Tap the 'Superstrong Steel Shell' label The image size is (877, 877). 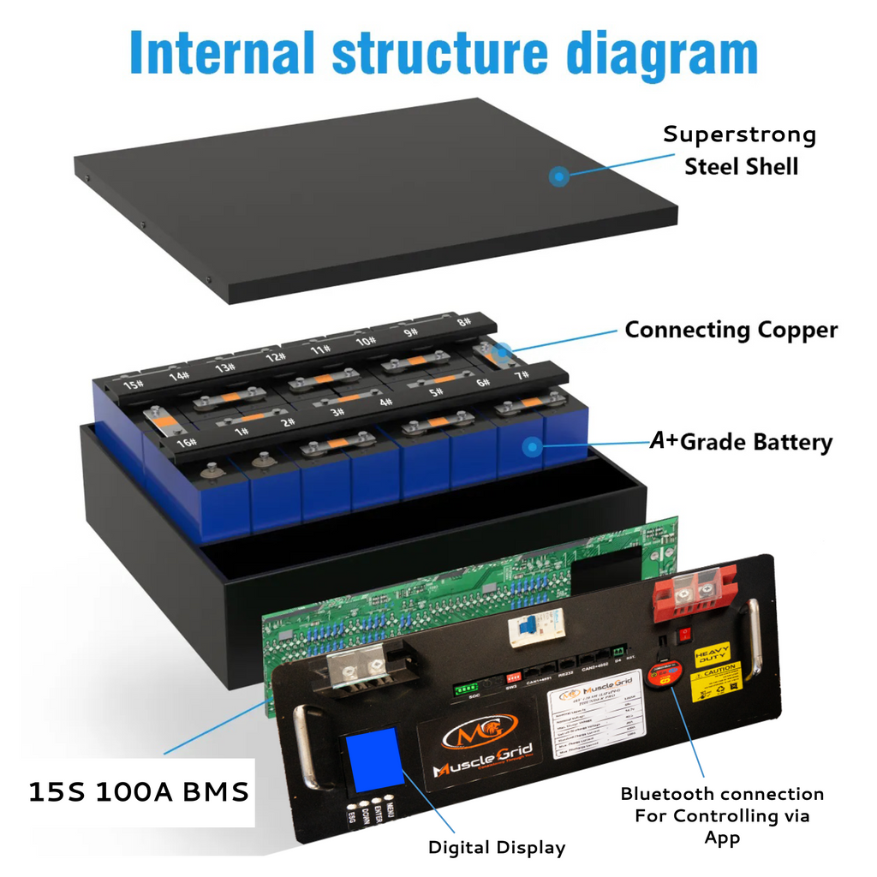(x=740, y=150)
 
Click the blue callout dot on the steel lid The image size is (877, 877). (x=558, y=177)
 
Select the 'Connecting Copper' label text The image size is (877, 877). (x=731, y=331)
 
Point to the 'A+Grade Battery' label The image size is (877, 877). (x=741, y=442)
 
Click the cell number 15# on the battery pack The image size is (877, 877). (x=133, y=385)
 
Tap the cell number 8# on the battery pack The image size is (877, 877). (x=464, y=324)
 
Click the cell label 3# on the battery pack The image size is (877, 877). (x=337, y=411)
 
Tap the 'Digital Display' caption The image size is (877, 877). (x=497, y=848)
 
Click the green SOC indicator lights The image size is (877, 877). (x=466, y=688)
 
